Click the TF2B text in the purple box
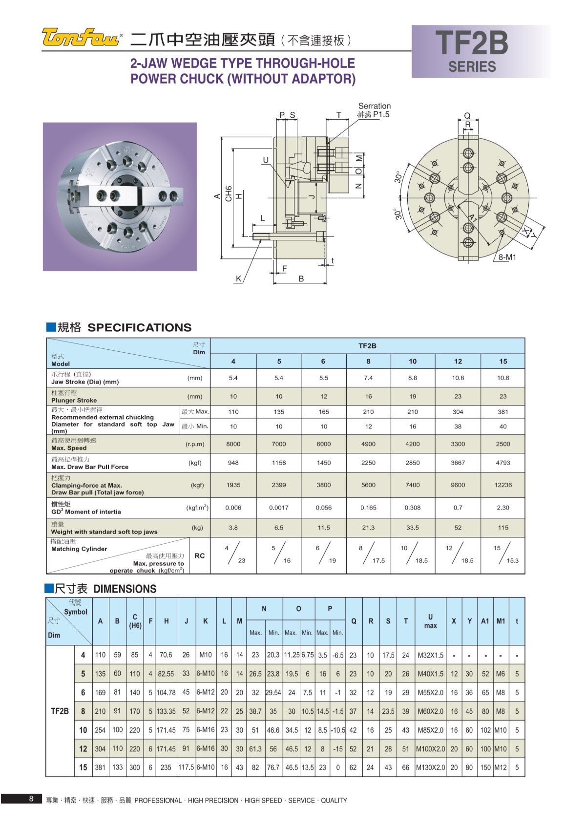coord(471,43)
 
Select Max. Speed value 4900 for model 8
coord(368,444)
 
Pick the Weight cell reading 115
coord(502,528)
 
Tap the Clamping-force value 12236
coord(502,485)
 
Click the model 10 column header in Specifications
coord(413,362)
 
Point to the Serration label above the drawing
coord(375,106)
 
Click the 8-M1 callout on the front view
coord(507,257)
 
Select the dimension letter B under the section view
coord(301,279)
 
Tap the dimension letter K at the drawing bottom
coord(238,279)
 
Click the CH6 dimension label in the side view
coord(229,194)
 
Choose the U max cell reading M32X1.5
coord(430,655)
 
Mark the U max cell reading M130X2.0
coord(430,768)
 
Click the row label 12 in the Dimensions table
coord(83,749)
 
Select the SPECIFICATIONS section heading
coord(139,327)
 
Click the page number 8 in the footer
coord(31,799)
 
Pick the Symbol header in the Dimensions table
coord(75,612)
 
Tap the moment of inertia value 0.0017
coord(279,508)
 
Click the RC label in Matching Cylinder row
coord(199,556)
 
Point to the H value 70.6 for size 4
coord(166,655)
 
